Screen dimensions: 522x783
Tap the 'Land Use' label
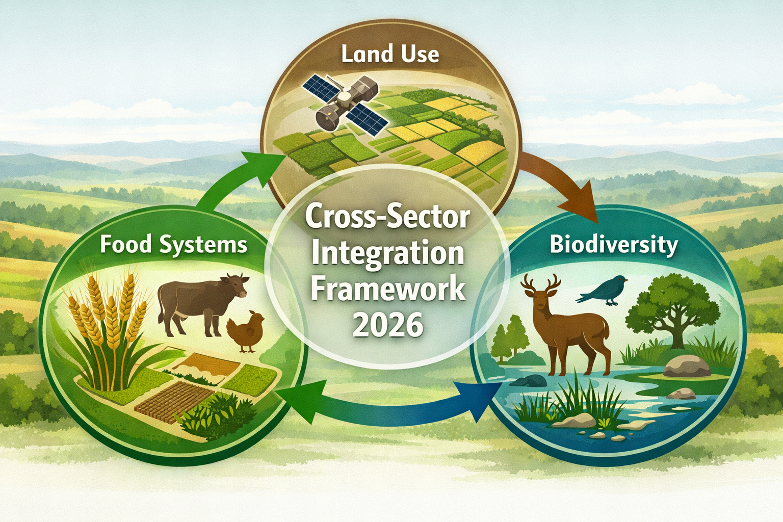[x=390, y=54]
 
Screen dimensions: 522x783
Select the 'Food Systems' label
[x=173, y=244]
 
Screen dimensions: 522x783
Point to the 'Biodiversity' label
[x=614, y=245]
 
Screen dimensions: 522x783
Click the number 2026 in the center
[x=387, y=325]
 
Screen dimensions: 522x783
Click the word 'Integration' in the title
[x=387, y=253]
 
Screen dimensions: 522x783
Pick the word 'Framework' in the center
[x=387, y=289]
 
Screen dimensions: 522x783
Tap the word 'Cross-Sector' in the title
[x=387, y=218]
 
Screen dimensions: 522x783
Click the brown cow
[x=201, y=303]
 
